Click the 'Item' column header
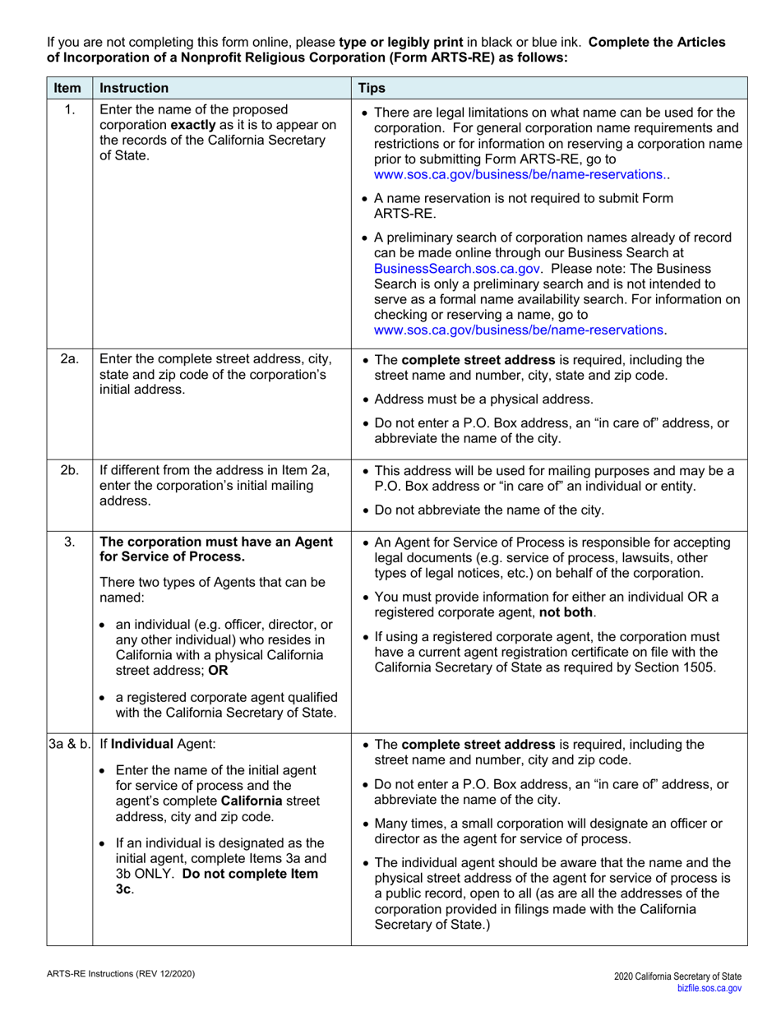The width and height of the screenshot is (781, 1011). (x=69, y=88)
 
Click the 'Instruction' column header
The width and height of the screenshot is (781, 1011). (x=134, y=88)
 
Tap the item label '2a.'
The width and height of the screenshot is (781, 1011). (x=70, y=358)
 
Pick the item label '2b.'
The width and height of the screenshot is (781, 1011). (x=70, y=470)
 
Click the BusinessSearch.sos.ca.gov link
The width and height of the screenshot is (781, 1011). (x=457, y=268)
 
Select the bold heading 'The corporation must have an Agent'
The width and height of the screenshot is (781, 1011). (x=216, y=542)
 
